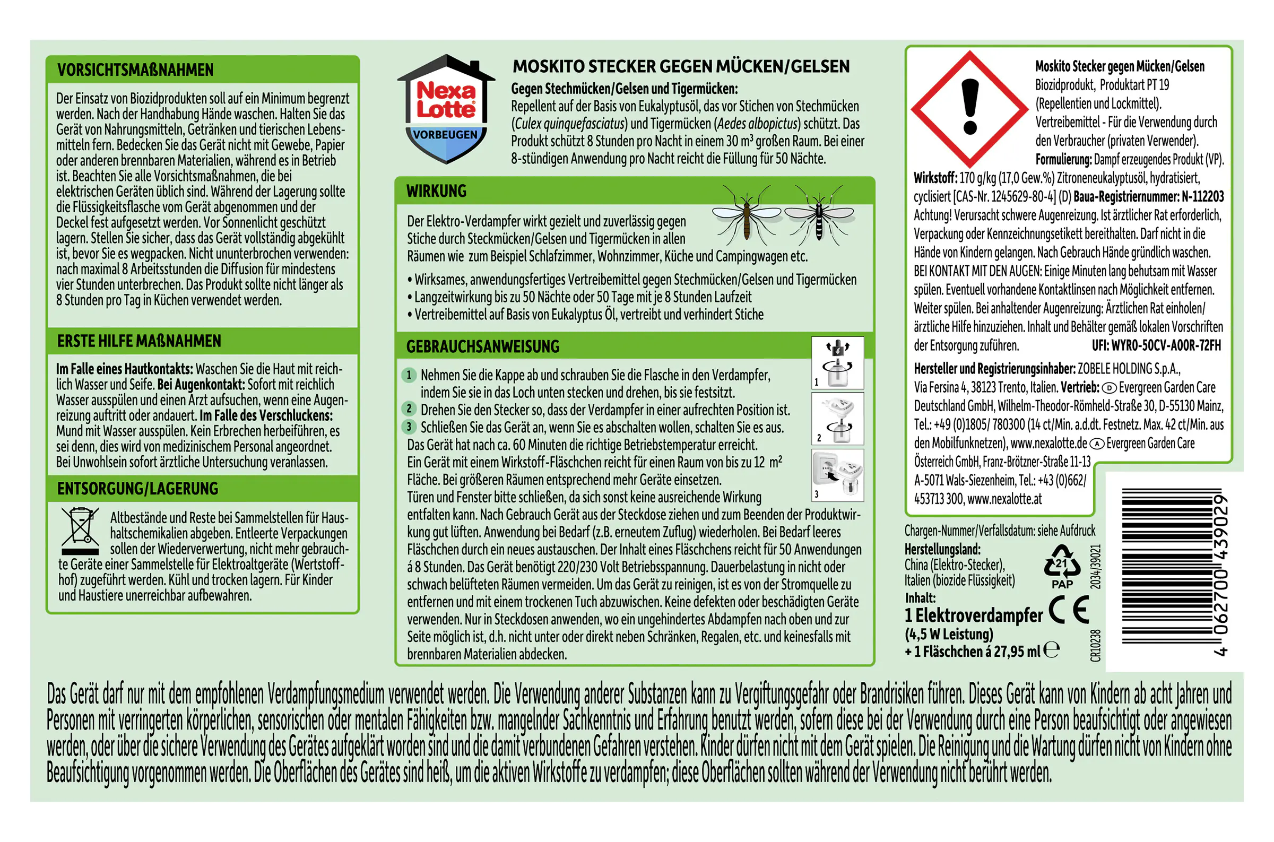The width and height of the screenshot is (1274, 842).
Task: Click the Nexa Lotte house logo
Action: pos(446,109)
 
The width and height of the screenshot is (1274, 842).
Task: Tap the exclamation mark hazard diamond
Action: pos(969,108)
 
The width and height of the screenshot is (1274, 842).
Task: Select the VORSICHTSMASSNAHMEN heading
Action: pos(135,70)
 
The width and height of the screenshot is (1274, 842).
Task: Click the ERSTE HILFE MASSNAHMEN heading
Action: pos(139,341)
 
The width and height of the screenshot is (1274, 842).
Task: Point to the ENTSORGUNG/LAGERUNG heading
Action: pos(137,489)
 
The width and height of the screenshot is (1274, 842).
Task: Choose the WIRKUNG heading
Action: pos(436,191)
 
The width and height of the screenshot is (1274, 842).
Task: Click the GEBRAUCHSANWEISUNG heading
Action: pos(483,347)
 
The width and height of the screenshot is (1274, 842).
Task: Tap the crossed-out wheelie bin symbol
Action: pos(81,531)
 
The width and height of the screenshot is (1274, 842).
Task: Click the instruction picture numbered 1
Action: pos(837,363)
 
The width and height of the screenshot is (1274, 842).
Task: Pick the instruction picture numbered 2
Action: pos(837,419)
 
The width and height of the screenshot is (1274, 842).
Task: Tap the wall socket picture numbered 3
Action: pos(837,475)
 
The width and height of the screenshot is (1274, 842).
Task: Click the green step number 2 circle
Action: pos(409,409)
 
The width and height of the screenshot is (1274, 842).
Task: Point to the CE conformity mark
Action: pos(1069,611)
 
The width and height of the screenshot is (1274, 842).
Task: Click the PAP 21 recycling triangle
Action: pos(1061,566)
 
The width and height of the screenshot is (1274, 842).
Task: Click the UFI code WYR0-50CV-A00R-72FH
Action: pos(1156,345)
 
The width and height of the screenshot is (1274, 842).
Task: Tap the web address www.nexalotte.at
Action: pos(1004,499)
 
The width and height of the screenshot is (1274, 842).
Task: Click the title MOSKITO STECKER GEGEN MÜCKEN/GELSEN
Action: pos(681,67)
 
